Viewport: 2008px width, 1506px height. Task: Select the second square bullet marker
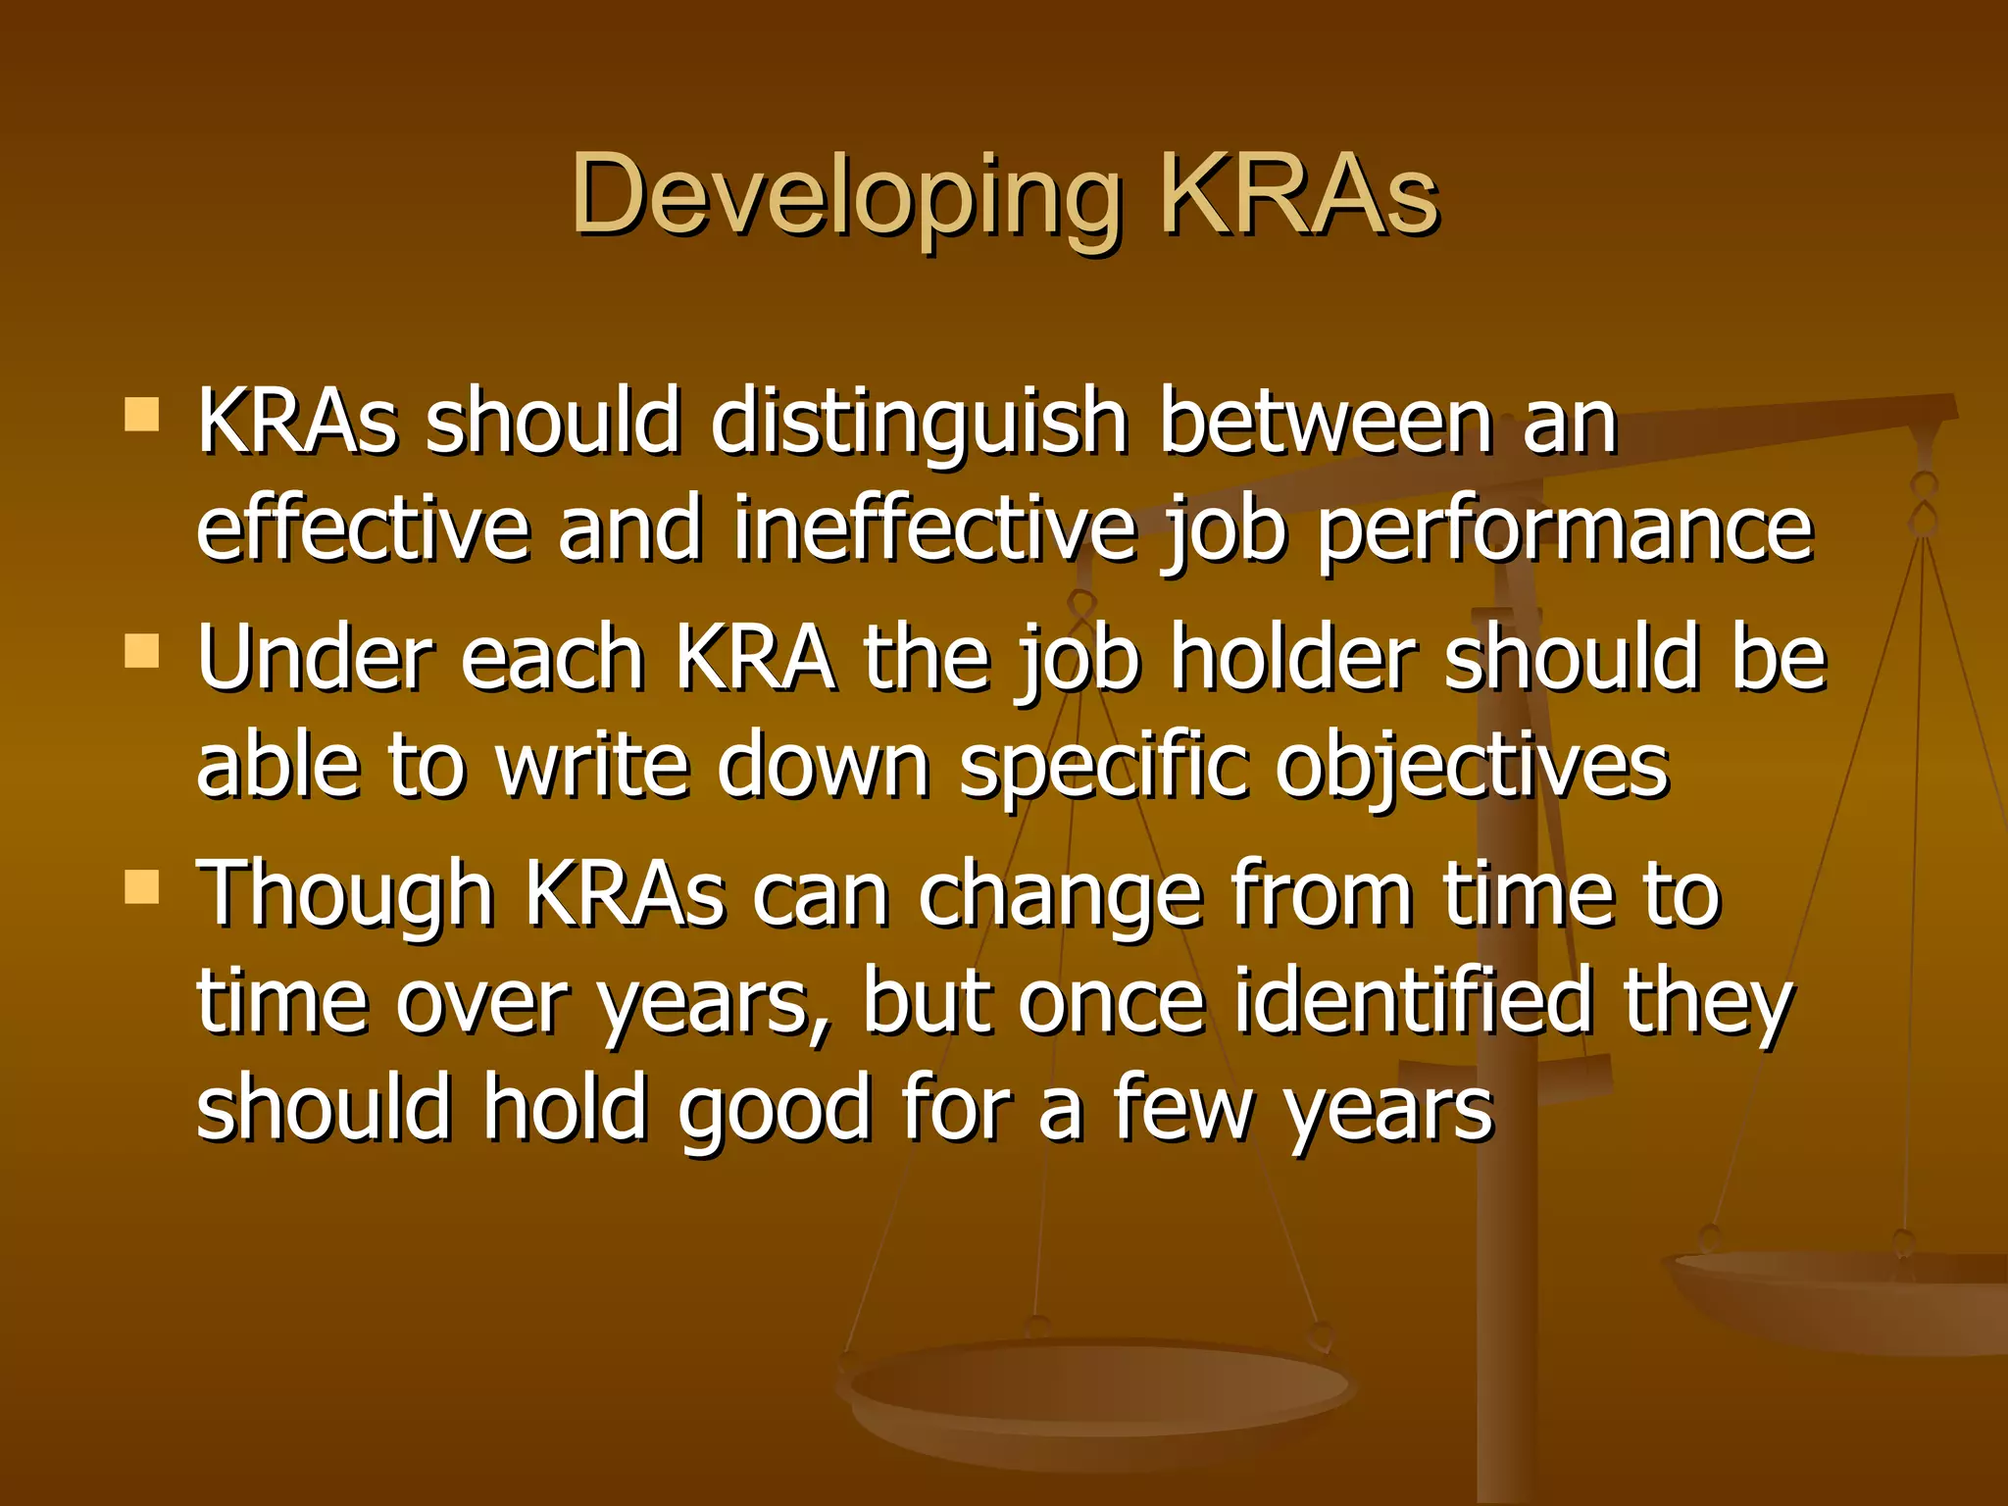(142, 650)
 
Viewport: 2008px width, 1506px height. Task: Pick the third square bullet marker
(142, 886)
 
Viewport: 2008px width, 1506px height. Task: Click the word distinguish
(919, 424)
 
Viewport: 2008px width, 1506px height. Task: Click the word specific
(1103, 767)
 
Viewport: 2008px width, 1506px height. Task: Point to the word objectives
(1472, 767)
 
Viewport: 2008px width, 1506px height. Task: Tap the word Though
(345, 894)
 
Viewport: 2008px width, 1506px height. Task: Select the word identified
(1413, 1001)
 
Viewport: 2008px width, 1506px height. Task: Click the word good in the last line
(775, 1111)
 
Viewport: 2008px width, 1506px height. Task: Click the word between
(1325, 424)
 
